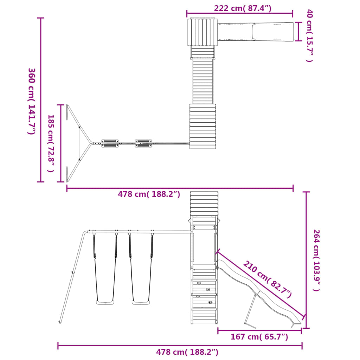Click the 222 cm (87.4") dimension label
pos(243,8)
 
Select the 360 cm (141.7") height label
pos(31,101)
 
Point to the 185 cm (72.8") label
pos(51,143)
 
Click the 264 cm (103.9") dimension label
pos(317,261)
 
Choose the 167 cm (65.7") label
pos(259,337)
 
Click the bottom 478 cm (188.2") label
pos(187,352)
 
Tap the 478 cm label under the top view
pos(149,194)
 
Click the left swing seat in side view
pos(105,303)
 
